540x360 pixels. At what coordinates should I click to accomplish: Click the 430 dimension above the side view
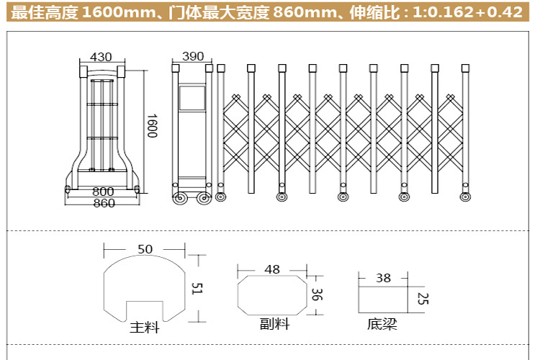[x=101, y=57]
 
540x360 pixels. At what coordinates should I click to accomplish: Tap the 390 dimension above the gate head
[x=193, y=56]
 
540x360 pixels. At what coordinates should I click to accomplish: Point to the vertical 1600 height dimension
[x=152, y=126]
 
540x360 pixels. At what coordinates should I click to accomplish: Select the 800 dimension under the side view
[x=103, y=192]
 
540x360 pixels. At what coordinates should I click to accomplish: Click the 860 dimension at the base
[x=104, y=203]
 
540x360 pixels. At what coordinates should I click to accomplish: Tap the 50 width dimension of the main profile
[x=145, y=249]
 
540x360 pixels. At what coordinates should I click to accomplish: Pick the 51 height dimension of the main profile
[x=197, y=288]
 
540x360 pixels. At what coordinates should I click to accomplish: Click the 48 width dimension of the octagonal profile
[x=272, y=269]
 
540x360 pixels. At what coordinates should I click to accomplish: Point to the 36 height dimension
[x=317, y=294]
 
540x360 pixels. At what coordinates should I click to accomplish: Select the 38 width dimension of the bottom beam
[x=383, y=278]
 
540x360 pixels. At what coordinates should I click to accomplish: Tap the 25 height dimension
[x=423, y=299]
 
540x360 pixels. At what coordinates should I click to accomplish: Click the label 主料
[x=145, y=328]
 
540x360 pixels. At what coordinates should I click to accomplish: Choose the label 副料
[x=274, y=324]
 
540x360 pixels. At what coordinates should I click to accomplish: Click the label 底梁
[x=382, y=324]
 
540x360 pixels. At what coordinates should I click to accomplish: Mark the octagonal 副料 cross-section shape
[x=272, y=276]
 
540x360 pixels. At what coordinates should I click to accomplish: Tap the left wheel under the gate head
[x=179, y=199]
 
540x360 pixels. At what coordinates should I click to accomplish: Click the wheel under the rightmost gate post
[x=465, y=197]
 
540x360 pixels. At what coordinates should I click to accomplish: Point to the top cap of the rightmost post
[x=465, y=68]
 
